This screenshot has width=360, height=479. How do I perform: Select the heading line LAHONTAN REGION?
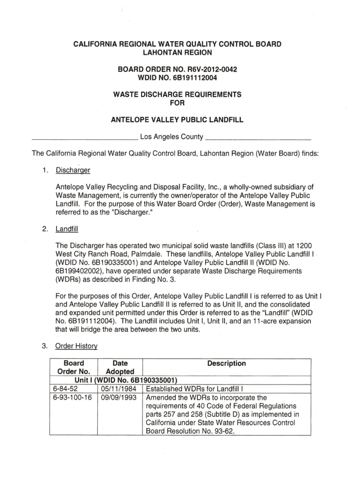coord(177,53)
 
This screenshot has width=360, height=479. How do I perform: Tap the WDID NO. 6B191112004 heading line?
coord(177,78)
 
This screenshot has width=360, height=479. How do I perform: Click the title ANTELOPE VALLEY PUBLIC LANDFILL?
coord(177,120)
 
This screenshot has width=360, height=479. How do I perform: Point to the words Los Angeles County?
coord(172,137)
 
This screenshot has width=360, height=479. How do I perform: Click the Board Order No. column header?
coord(73,367)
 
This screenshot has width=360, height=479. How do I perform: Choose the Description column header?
coord(227,363)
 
